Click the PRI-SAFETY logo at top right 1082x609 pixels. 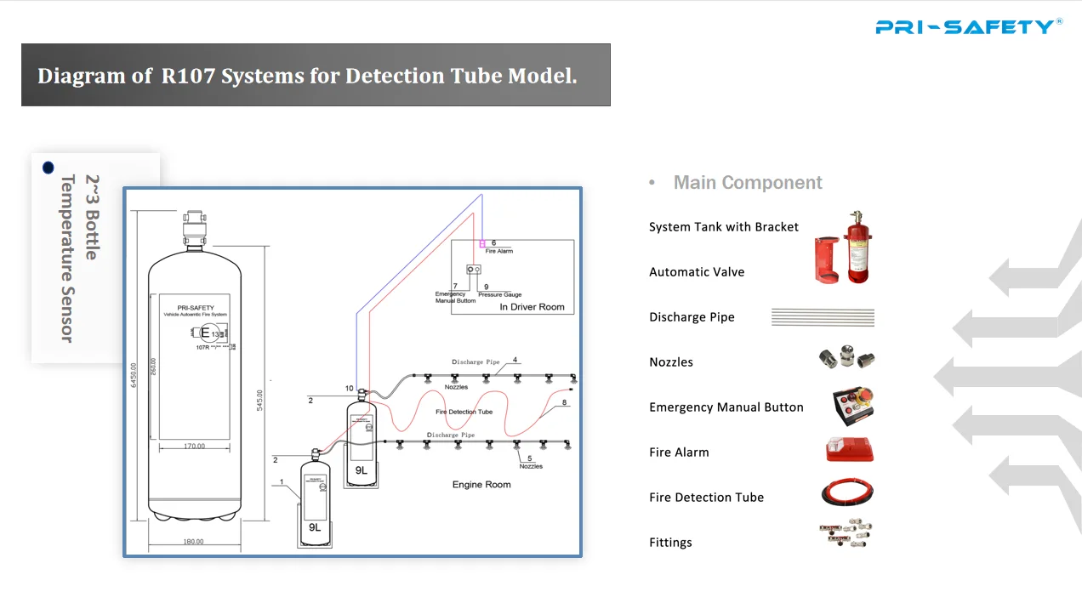pos(968,26)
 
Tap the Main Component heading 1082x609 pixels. pos(747,183)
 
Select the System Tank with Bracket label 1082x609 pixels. pos(723,227)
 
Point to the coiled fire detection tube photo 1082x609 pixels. pos(847,494)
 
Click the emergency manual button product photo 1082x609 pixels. pos(852,406)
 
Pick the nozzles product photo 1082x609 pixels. pos(846,359)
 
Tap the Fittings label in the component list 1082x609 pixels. pos(670,543)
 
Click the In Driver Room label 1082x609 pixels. pos(532,307)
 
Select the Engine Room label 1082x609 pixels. pos(481,485)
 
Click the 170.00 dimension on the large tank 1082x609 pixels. pos(194,446)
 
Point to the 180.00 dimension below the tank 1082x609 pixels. pos(193,542)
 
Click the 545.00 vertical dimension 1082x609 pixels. pos(260,400)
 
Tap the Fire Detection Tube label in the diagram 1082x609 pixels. pos(464,412)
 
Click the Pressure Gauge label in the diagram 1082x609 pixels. pos(499,295)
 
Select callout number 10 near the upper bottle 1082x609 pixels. pos(349,389)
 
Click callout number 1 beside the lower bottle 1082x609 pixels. pos(282,482)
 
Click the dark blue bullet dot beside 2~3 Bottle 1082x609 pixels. pos(48,168)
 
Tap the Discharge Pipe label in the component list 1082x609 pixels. pos(692,317)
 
